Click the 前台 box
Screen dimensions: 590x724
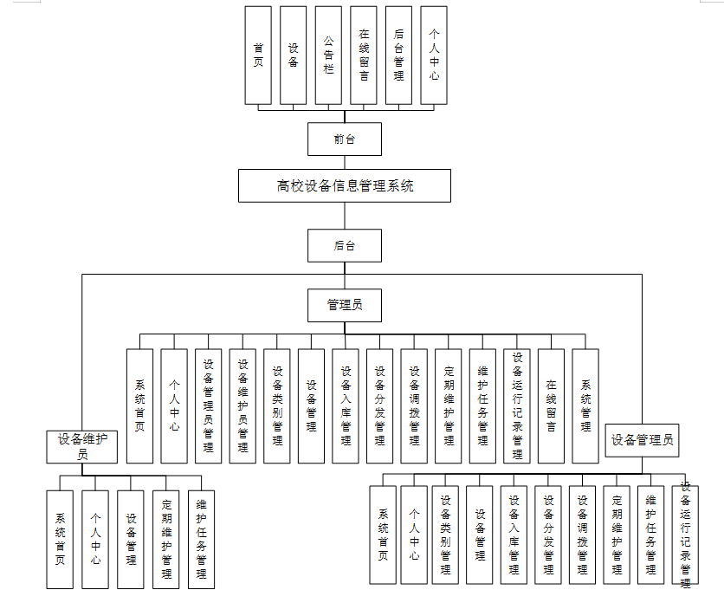(344, 139)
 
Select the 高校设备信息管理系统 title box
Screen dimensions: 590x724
(345, 185)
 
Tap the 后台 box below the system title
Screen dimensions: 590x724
(344, 245)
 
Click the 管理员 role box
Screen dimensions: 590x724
(344, 304)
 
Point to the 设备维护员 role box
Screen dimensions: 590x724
(82, 446)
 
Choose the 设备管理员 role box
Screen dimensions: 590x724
(642, 440)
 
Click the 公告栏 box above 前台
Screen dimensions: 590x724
(328, 55)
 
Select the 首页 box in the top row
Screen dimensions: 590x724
(258, 55)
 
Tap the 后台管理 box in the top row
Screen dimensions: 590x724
(398, 55)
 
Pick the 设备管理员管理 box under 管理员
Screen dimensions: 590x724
(208, 405)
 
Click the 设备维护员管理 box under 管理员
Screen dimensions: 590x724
(242, 405)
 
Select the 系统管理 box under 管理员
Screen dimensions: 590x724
(585, 405)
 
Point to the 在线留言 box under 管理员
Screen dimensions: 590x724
(551, 405)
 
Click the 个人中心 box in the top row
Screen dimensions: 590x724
(434, 55)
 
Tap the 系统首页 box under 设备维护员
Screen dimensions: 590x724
(61, 539)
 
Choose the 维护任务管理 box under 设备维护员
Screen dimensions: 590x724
(201, 539)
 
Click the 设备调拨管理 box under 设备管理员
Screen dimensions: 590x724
(582, 534)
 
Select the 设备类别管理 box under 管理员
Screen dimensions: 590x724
(277, 405)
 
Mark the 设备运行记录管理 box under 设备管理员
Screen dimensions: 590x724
(685, 534)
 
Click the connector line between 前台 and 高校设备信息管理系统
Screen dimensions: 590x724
(344, 162)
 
